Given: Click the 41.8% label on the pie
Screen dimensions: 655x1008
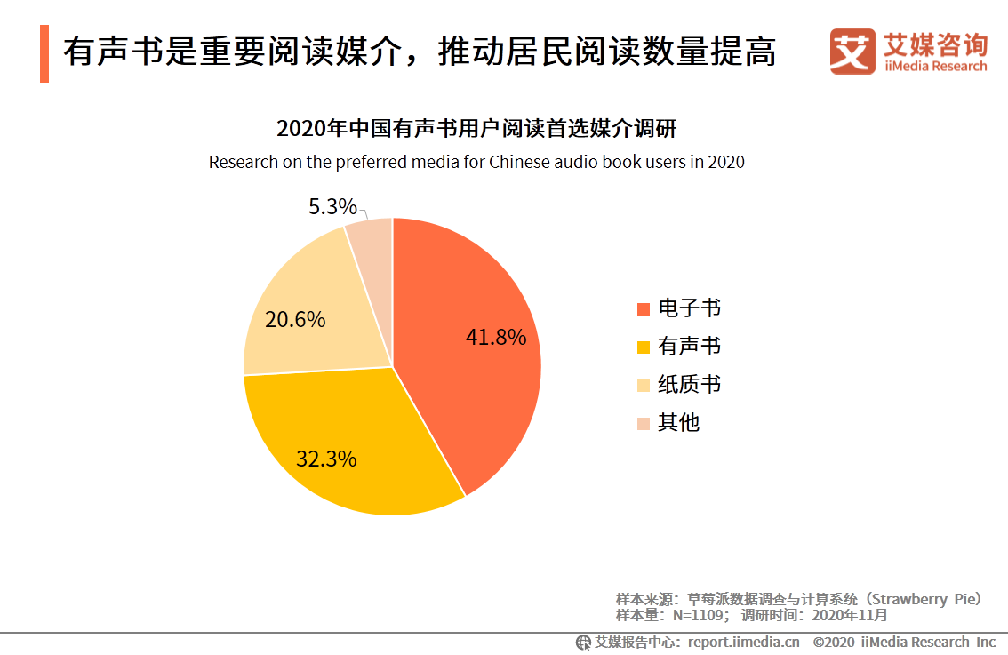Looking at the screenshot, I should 496,338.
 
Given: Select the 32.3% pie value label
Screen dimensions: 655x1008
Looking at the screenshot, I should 326,459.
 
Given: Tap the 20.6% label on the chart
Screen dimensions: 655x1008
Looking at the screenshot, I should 295,320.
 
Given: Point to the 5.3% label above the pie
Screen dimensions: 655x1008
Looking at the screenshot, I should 332,208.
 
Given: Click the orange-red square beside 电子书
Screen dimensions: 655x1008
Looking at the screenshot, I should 644,309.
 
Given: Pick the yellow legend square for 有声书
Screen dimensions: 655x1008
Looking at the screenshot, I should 644,347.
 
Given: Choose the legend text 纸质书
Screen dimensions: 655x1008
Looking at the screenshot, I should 689,385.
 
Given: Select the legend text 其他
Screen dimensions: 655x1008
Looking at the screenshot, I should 679,423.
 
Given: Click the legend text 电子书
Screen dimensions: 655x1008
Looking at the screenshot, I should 689,309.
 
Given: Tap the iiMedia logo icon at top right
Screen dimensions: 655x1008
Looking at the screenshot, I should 852,52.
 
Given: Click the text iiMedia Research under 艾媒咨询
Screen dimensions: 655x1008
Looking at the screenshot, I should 934,67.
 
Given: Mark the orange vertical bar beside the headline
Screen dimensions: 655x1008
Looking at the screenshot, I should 44,53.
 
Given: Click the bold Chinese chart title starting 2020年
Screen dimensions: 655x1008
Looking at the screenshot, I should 476,129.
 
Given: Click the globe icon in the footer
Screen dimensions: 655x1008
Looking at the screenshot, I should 583,642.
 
